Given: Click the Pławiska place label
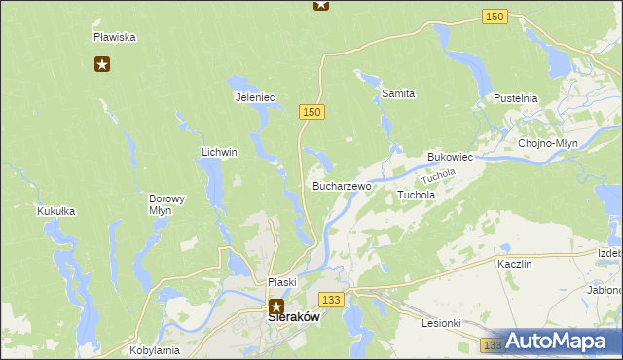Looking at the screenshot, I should pos(114,37).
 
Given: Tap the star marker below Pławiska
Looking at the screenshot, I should pos(102,65).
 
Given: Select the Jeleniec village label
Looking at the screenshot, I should pos(255,97).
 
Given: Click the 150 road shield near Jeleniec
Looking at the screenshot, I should pos(311,113).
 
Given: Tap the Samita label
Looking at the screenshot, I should pos(398,93).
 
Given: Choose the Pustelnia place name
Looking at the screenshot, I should pos(516,99).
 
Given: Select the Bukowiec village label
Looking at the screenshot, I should pos(450,157).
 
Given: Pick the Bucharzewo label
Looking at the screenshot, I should pos(341,185).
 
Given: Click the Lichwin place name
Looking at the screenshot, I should pos(219,153).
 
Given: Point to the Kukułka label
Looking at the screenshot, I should pos(55,211).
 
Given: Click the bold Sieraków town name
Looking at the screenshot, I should pos(294,316).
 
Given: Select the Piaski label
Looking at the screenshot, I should pos(281,282).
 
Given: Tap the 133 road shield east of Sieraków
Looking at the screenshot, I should pos(333,299).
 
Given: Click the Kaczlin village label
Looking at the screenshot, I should pos(514,264).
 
